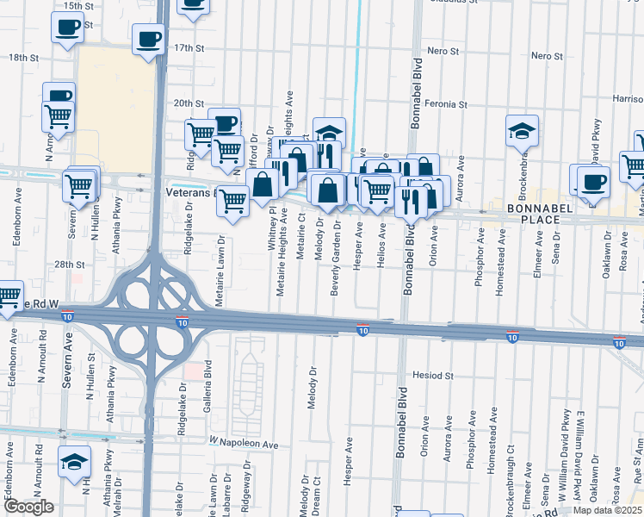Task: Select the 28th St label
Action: point(71,265)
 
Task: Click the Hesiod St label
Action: point(433,376)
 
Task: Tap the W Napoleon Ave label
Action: point(245,444)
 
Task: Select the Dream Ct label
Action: point(317,500)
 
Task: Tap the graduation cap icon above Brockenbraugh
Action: point(522,130)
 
